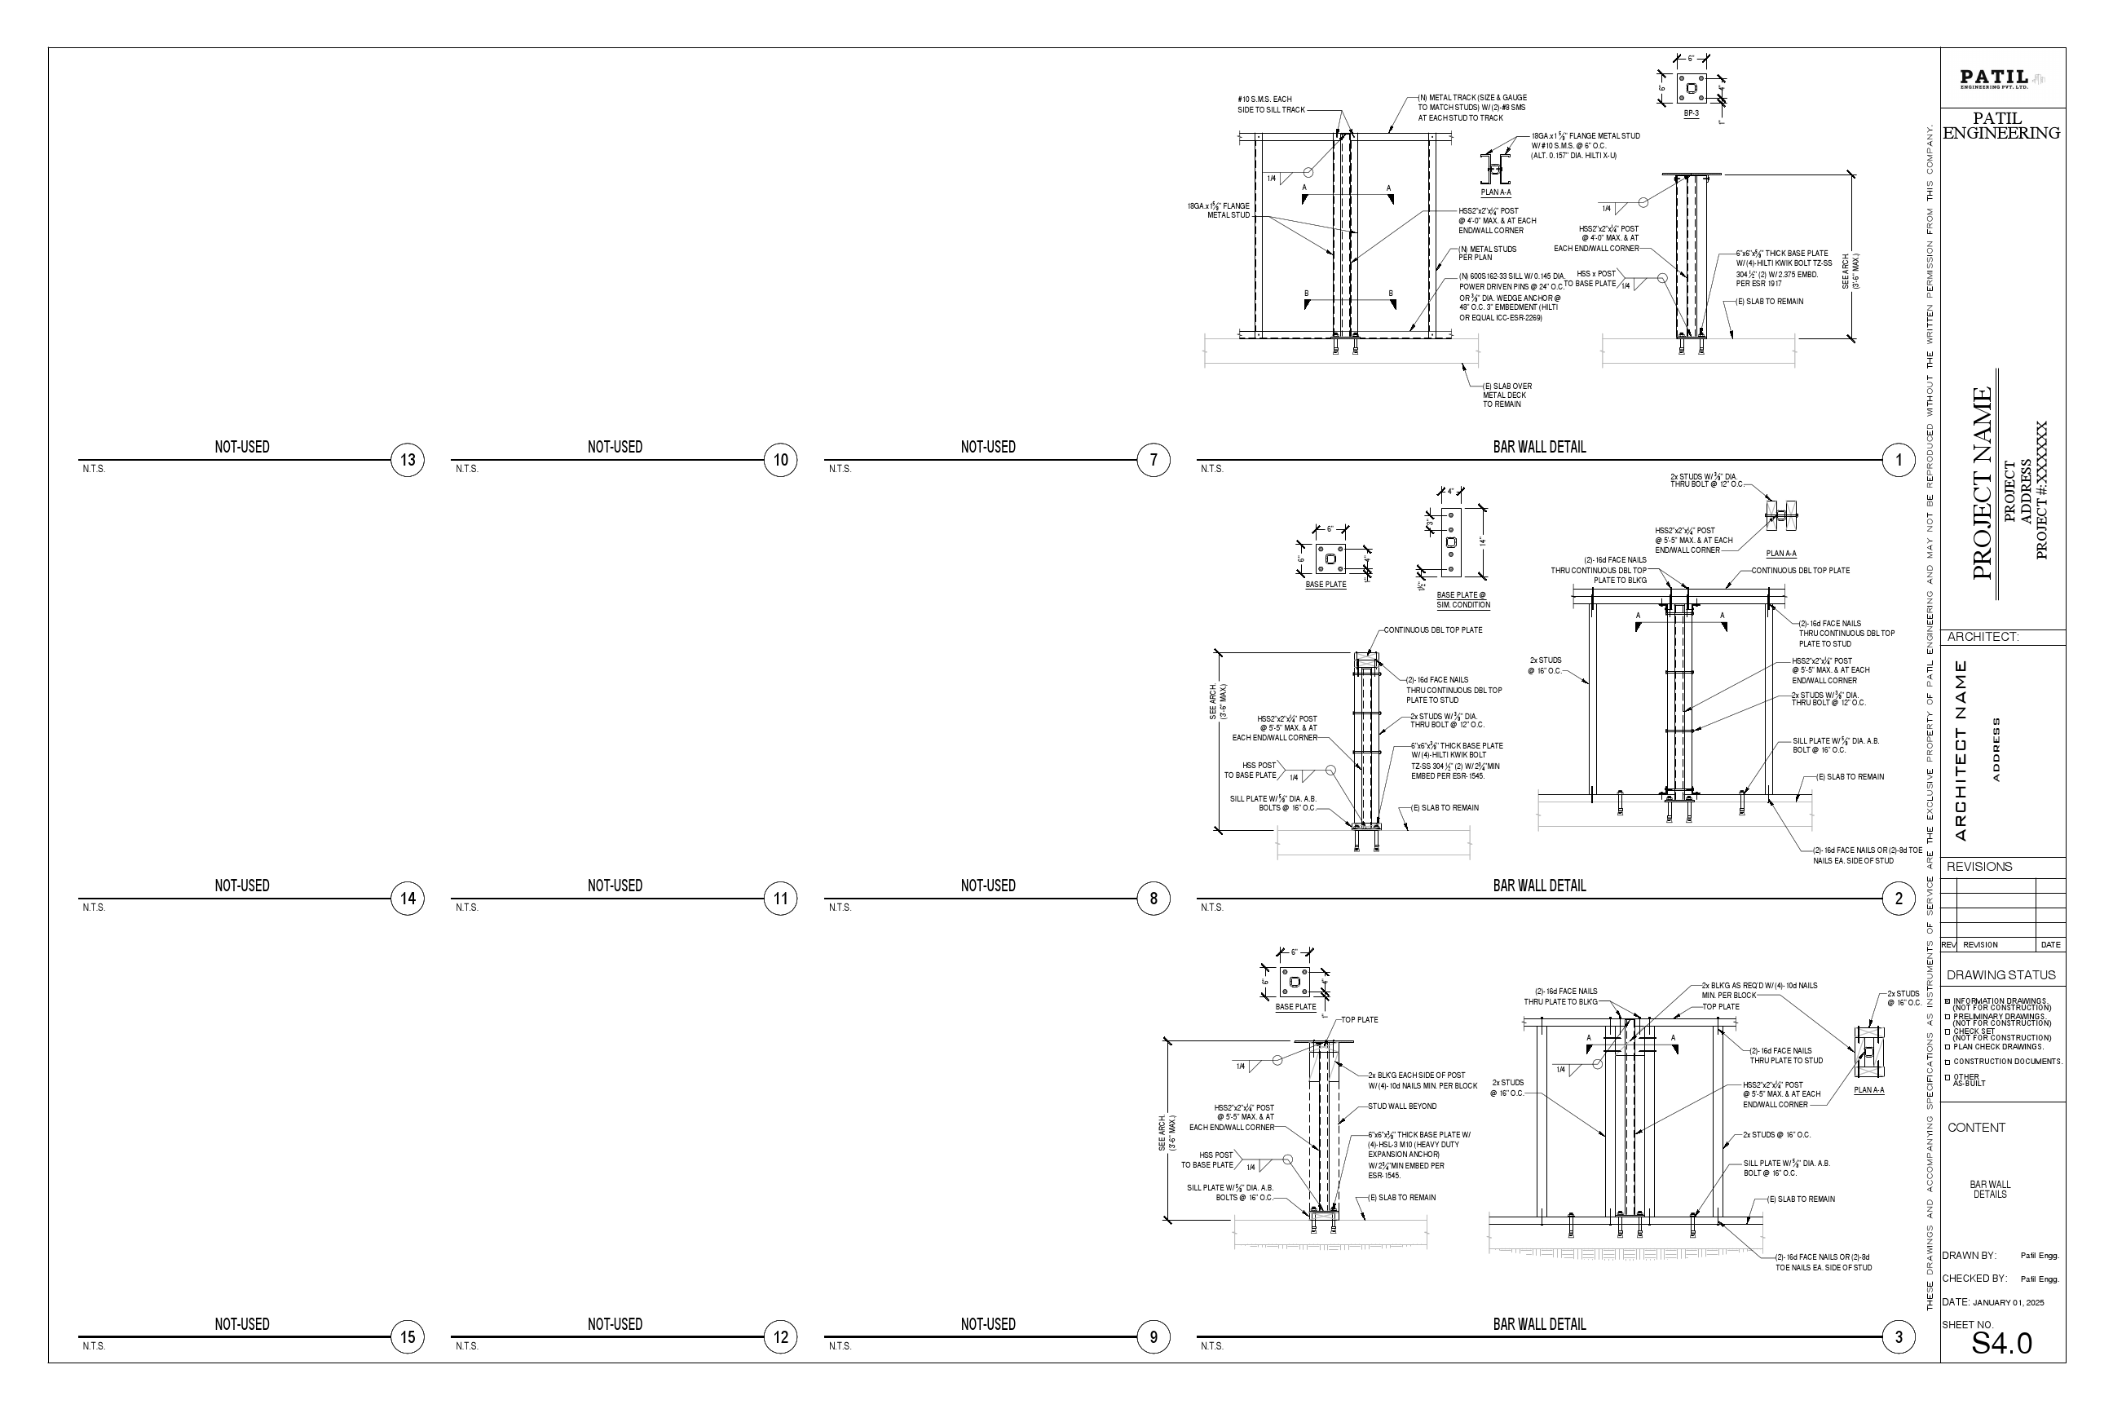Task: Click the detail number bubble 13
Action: coord(408,460)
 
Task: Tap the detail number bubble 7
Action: coord(1154,460)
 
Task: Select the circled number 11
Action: coord(781,899)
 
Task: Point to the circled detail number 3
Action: coord(1899,1337)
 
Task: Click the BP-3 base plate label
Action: coord(1691,114)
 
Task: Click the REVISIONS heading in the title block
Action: coord(1979,867)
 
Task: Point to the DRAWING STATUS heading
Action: coord(2001,975)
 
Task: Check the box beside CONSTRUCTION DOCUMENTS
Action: coord(1948,1062)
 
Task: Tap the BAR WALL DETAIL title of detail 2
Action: coord(1539,886)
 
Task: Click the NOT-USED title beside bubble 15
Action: coord(241,1324)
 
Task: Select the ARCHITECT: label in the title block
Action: coord(1983,637)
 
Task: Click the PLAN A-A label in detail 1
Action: coord(1496,192)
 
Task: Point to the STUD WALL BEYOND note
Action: coord(1402,1107)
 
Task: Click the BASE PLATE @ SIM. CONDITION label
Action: coord(1462,600)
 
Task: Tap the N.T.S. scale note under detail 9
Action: coord(840,1346)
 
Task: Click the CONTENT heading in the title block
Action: coord(1976,1128)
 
